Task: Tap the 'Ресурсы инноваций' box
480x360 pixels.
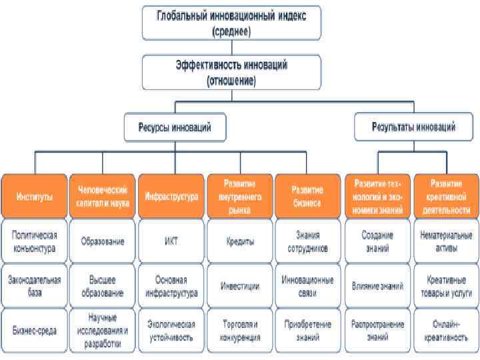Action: [175, 127]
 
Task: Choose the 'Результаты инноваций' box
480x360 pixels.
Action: [414, 126]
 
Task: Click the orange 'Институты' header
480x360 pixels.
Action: [34, 196]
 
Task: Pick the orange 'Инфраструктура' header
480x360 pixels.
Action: [171, 196]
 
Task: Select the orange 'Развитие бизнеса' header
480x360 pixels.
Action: [307, 196]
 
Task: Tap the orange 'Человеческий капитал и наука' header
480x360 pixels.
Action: [103, 196]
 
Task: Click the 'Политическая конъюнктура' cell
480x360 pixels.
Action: [34, 241]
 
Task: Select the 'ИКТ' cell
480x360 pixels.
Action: [171, 241]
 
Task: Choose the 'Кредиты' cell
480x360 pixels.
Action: [239, 241]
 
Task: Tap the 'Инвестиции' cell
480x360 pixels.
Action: [239, 286]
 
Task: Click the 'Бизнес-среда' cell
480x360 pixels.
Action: [34, 329]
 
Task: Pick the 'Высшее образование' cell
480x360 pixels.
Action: [103, 286]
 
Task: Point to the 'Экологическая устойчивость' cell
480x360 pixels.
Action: [171, 329]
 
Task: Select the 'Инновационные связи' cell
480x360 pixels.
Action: [307, 286]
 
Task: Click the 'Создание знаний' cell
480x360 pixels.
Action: [377, 241]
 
